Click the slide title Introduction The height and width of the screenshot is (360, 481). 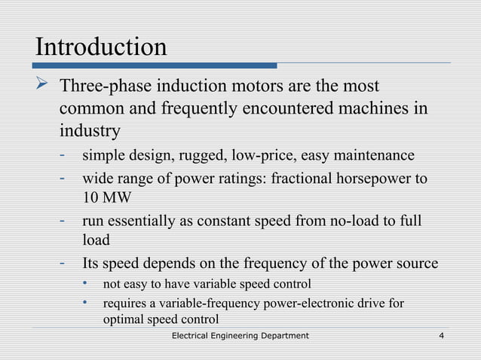tap(101, 47)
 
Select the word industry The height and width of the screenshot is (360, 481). tap(90, 130)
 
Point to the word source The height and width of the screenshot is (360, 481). tap(415, 264)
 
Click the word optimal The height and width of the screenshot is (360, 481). tap(123, 319)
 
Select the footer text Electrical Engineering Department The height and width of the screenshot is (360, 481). tap(240, 335)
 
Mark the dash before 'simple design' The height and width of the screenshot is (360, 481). tap(66, 156)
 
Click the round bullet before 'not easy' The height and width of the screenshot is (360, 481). tap(87, 284)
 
